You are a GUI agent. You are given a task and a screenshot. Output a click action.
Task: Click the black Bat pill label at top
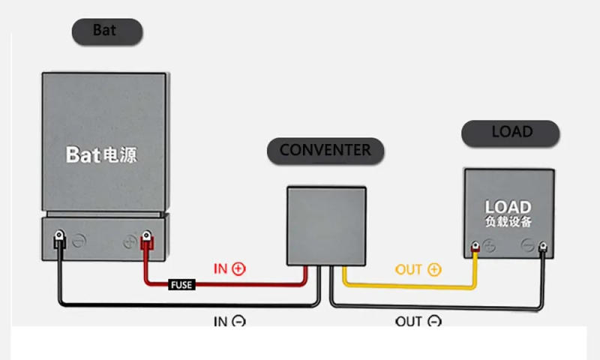[x=106, y=31]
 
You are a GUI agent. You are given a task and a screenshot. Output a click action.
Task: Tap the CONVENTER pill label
[x=325, y=151]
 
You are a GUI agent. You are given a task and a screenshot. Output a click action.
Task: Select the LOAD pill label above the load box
[x=511, y=133]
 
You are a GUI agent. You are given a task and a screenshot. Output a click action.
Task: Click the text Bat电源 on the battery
[x=102, y=155]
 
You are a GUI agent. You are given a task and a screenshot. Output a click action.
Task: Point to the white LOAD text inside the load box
[x=508, y=207]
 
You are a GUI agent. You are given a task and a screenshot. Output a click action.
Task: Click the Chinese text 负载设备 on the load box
[x=508, y=222]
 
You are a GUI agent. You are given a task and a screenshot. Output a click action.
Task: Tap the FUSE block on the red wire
[x=181, y=285]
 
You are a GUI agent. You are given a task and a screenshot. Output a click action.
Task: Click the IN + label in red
[x=229, y=268]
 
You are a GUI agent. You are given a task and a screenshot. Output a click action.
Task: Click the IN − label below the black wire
[x=229, y=322]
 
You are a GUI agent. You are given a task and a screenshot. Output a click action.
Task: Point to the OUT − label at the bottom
[x=418, y=322]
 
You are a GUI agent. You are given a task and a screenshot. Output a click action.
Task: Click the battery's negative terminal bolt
[x=58, y=240]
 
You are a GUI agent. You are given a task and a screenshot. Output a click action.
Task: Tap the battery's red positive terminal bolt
[x=146, y=240]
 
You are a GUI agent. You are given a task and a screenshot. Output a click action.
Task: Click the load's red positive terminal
[x=475, y=247]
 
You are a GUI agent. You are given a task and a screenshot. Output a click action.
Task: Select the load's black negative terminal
[x=542, y=247]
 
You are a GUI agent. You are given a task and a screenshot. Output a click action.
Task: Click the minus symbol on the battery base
[x=79, y=242]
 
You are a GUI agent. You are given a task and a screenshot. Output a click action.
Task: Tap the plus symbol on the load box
[x=489, y=245]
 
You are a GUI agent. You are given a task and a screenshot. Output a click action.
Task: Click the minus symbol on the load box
[x=528, y=245]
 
